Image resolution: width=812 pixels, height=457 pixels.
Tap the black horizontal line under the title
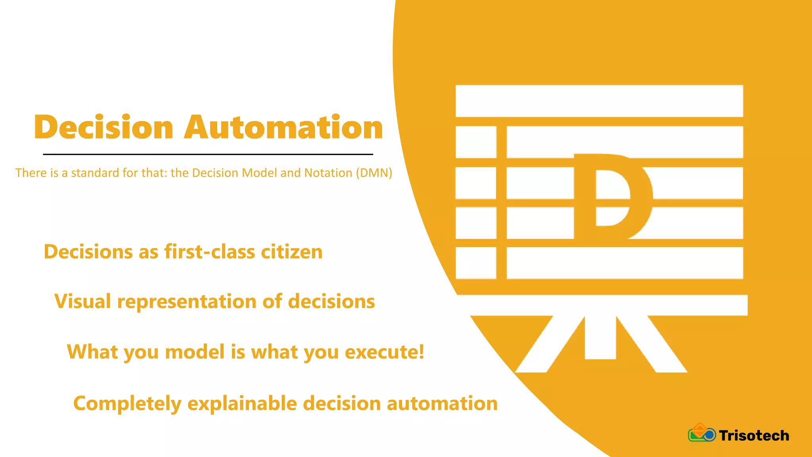tap(208, 154)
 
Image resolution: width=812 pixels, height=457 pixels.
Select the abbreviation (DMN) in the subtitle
tap(374, 173)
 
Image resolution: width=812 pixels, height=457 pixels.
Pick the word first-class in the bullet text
tap(210, 252)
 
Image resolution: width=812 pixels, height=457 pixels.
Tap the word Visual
tap(82, 301)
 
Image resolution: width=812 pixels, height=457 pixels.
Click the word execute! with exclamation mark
tap(385, 352)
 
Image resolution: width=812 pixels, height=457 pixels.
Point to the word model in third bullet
tap(195, 352)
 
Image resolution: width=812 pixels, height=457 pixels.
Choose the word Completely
tap(127, 404)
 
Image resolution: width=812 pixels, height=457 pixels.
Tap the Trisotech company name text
tap(754, 436)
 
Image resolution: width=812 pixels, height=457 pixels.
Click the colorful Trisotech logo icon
tap(701, 433)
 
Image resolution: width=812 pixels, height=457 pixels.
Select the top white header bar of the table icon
tap(599, 101)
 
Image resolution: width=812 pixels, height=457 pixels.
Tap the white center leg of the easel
tap(600, 337)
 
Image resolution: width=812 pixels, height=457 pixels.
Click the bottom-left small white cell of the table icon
tap(476, 263)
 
